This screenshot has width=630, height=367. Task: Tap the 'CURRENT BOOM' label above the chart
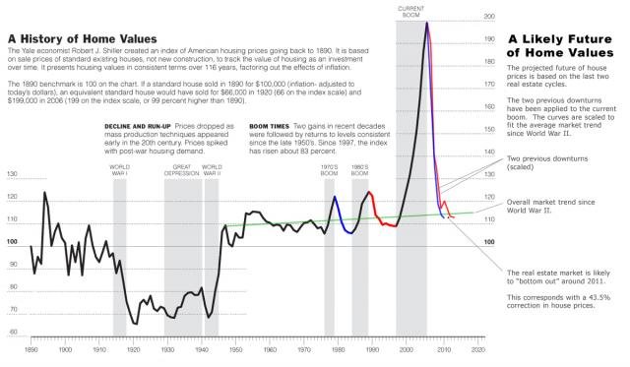click(411, 11)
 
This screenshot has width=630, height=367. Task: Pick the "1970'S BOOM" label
click(331, 170)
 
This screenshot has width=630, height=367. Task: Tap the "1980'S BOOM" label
click(360, 170)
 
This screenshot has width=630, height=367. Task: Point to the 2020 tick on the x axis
click(478, 348)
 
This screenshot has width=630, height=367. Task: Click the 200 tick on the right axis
click(489, 17)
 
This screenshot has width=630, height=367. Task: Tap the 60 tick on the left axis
click(13, 332)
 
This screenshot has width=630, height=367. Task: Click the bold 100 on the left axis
click(13, 241)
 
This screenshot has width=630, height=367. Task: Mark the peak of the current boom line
click(426, 22)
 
